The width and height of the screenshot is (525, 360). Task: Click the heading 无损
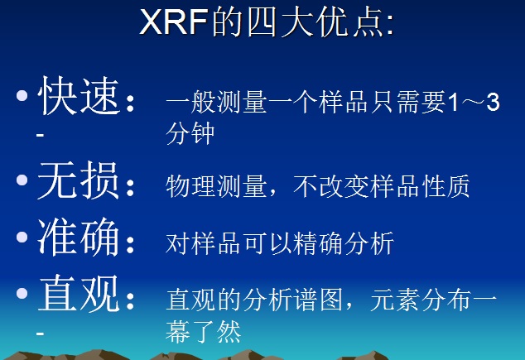click(79, 183)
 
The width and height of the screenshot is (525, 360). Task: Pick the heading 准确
click(79, 240)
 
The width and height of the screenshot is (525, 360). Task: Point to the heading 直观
click(79, 295)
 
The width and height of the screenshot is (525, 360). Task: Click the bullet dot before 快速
click(22, 98)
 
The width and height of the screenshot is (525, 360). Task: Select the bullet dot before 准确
click(22, 239)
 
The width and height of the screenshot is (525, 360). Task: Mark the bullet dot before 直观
click(22, 295)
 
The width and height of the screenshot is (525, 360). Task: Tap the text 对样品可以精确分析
click(279, 244)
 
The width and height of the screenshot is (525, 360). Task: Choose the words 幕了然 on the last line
click(203, 331)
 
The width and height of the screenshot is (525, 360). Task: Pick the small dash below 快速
click(41, 133)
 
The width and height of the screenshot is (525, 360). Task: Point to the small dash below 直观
click(41, 330)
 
